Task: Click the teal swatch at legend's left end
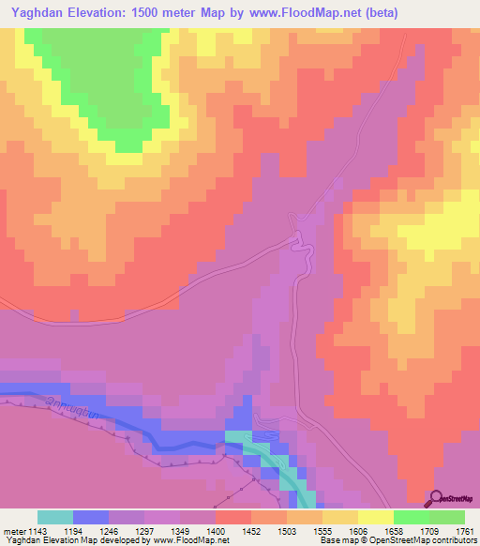point(55,517)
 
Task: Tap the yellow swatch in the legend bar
point(375,517)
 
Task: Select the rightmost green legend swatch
point(447,517)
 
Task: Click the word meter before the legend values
point(13,532)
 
